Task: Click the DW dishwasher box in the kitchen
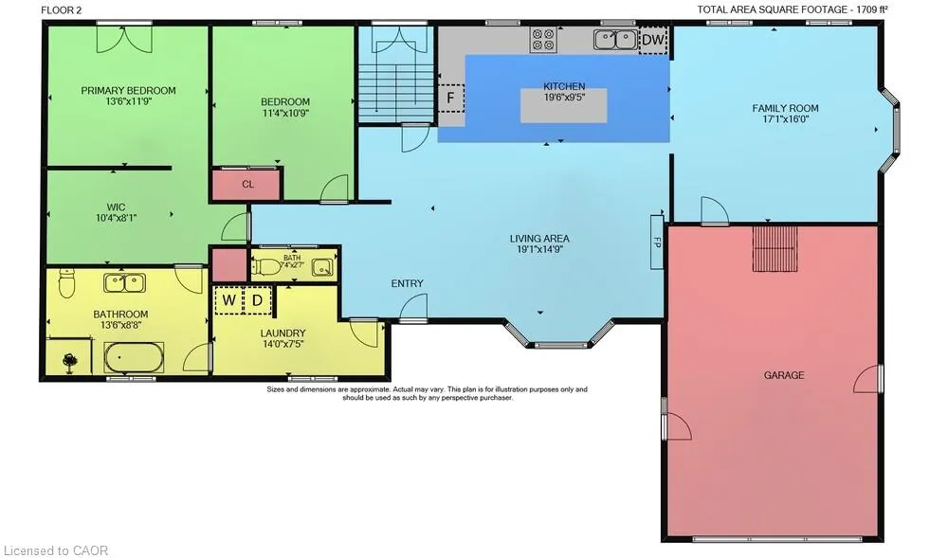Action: pyautogui.click(x=653, y=40)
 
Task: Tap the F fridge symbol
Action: pyautogui.click(x=450, y=98)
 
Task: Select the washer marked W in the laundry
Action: pyautogui.click(x=228, y=300)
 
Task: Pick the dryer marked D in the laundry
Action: pyautogui.click(x=258, y=300)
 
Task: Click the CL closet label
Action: pyautogui.click(x=247, y=184)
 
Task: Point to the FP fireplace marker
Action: pyautogui.click(x=657, y=242)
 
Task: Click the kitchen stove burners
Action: pyautogui.click(x=543, y=39)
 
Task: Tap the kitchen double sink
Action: pyautogui.click(x=615, y=40)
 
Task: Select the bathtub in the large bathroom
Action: pyautogui.click(x=134, y=357)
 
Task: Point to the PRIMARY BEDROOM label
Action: pyautogui.click(x=128, y=91)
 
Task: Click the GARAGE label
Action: pyautogui.click(x=784, y=375)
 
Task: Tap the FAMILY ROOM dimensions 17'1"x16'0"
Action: pyautogui.click(x=785, y=119)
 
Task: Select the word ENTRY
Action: pyautogui.click(x=407, y=283)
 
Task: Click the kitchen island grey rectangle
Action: pyautogui.click(x=564, y=106)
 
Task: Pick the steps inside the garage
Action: pyautogui.click(x=775, y=249)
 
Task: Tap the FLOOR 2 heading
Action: pyautogui.click(x=61, y=9)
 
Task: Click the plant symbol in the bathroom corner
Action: pyautogui.click(x=70, y=362)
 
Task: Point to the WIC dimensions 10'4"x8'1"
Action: pyautogui.click(x=116, y=218)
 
